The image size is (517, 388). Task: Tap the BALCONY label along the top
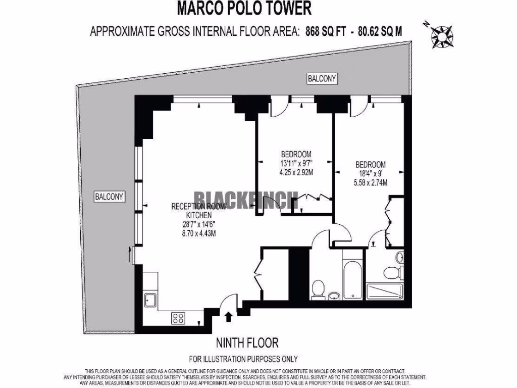[x=322, y=79]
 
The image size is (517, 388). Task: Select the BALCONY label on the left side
[x=110, y=197]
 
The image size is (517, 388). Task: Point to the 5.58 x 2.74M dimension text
[x=371, y=182]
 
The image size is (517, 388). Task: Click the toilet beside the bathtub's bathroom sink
[x=318, y=289]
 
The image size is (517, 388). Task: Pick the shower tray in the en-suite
[x=385, y=291]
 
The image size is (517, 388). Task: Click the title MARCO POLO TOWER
[x=244, y=8]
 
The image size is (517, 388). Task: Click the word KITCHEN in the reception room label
[x=194, y=215]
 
